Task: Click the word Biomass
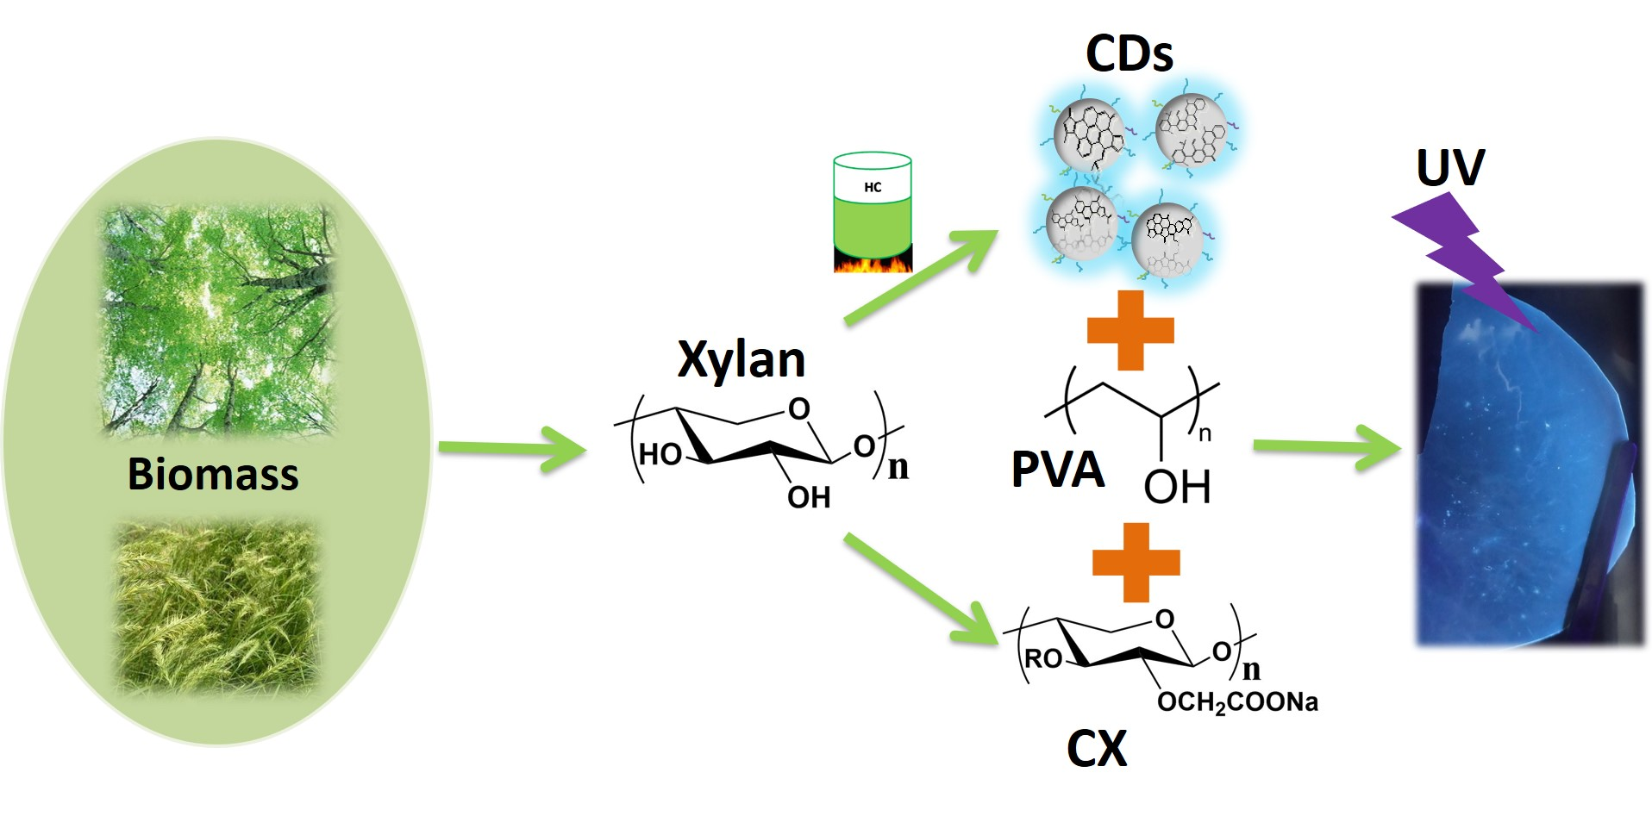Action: click(x=213, y=474)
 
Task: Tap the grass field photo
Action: click(x=217, y=607)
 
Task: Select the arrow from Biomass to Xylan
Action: click(x=512, y=449)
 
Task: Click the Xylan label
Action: click(x=741, y=359)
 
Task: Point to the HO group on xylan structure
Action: click(x=660, y=454)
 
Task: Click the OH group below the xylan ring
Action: click(x=808, y=497)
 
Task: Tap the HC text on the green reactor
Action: click(x=873, y=187)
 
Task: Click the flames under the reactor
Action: click(x=872, y=262)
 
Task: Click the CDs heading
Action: click(x=1129, y=53)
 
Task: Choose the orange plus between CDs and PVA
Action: click(x=1130, y=330)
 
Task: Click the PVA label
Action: click(x=1057, y=470)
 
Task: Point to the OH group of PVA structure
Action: click(x=1177, y=487)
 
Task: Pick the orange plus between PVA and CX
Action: click(x=1136, y=562)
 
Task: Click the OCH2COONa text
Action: click(x=1237, y=703)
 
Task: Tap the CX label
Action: click(x=1096, y=749)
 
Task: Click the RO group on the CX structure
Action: click(x=1043, y=659)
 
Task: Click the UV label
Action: click(x=1450, y=168)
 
